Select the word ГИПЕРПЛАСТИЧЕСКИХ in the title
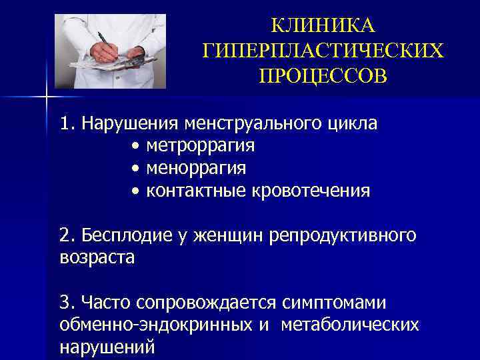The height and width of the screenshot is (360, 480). pyautogui.click(x=323, y=51)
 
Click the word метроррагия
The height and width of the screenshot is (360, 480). pyautogui.click(x=201, y=145)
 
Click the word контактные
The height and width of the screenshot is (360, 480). pyautogui.click(x=197, y=191)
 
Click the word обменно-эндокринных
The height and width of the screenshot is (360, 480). pyautogui.click(x=155, y=325)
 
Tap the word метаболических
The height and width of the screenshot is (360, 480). pyautogui.click(x=350, y=325)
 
